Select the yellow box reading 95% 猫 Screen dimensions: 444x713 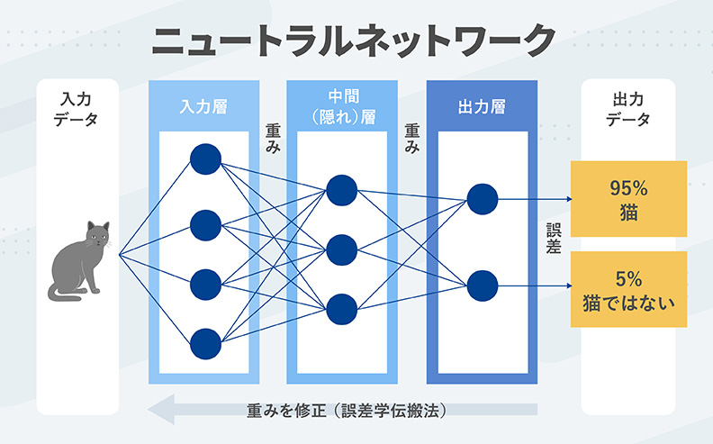[628, 199]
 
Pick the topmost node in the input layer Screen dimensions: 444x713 [205, 159]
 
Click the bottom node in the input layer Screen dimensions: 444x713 [205, 342]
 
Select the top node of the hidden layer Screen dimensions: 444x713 [342, 189]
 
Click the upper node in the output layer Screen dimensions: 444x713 [483, 199]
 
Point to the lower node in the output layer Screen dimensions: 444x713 [483, 285]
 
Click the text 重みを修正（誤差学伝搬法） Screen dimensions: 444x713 [347, 410]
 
